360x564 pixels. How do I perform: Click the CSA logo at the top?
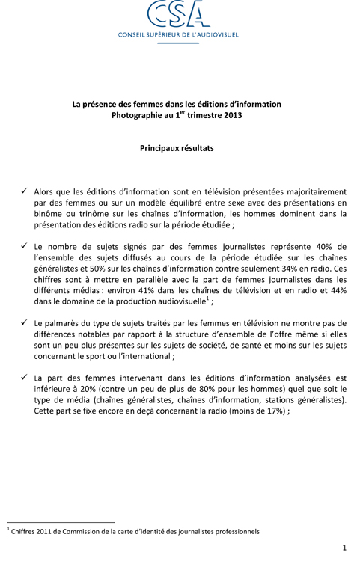click(180, 13)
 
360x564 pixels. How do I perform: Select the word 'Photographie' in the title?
click(136, 117)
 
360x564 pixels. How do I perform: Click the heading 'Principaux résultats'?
click(177, 148)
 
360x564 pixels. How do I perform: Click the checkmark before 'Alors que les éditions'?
click(25, 191)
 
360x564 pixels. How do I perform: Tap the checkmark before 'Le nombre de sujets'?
click(25, 246)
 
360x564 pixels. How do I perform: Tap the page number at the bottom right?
click(344, 548)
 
